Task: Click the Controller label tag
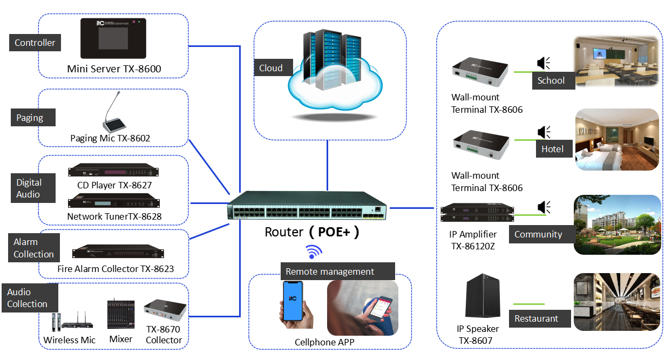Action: (35, 43)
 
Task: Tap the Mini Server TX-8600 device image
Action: (113, 38)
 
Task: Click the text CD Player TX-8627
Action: (114, 185)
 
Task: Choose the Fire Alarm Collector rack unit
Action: (118, 252)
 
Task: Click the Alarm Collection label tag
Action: (33, 248)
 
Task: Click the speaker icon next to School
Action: (544, 63)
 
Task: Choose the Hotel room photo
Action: (618, 139)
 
